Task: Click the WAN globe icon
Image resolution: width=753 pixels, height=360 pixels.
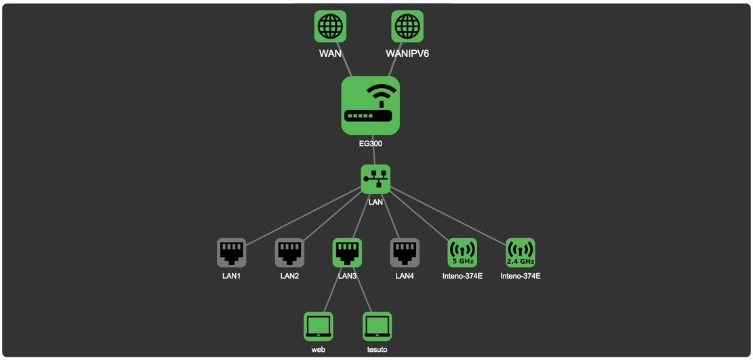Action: (x=330, y=26)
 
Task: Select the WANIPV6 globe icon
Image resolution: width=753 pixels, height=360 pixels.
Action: (x=407, y=26)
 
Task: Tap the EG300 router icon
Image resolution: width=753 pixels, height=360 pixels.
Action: (x=370, y=105)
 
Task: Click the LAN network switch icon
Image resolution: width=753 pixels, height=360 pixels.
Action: (x=375, y=179)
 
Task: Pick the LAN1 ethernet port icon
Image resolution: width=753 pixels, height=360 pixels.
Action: (x=231, y=252)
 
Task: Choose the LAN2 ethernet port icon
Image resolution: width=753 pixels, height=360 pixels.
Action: (x=289, y=252)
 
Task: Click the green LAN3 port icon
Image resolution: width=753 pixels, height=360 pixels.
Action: (x=347, y=252)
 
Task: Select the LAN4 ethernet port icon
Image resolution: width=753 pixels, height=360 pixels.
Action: (x=405, y=252)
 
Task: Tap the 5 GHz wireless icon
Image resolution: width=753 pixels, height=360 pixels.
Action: (x=462, y=252)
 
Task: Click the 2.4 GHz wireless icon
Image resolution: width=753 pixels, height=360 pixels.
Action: (x=521, y=252)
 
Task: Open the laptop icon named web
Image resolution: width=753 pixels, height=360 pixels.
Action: (x=319, y=326)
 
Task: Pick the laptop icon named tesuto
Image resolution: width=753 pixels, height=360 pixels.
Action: (x=377, y=326)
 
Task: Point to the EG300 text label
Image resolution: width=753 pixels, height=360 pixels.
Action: (x=371, y=144)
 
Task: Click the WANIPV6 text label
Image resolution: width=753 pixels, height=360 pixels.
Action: (x=407, y=54)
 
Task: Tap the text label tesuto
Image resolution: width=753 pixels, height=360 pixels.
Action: (x=377, y=350)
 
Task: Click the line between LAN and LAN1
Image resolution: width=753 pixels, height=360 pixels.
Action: (x=305, y=216)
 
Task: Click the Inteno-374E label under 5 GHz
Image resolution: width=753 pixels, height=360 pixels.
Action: (x=462, y=276)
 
